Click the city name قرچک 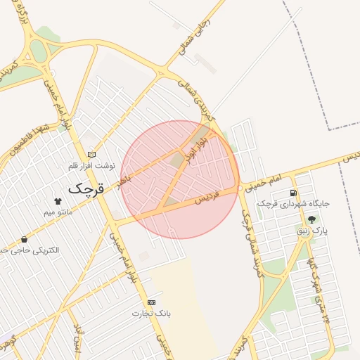(86, 188)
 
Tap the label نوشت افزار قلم (91, 165)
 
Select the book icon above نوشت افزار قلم (91, 155)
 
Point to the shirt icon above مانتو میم (58, 201)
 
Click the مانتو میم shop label (58, 211)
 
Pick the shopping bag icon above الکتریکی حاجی (25, 240)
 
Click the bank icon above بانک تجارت (152, 302)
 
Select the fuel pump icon (292, 193)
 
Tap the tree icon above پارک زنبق (311, 219)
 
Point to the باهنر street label (124, 181)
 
